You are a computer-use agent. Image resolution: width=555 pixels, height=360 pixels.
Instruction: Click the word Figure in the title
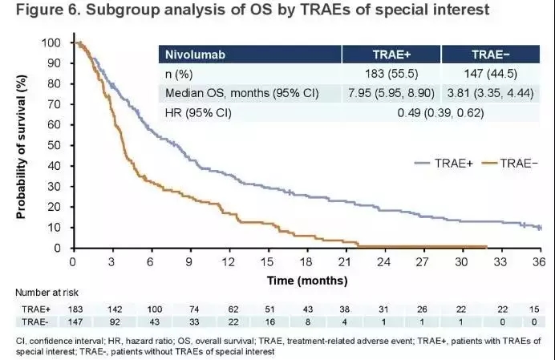tap(38, 12)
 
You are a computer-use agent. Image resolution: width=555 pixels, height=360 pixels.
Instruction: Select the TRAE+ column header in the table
tap(393, 55)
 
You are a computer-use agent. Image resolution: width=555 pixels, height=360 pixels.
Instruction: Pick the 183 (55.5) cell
tap(393, 74)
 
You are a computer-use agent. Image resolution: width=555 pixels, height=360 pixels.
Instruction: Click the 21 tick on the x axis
tap(344, 261)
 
